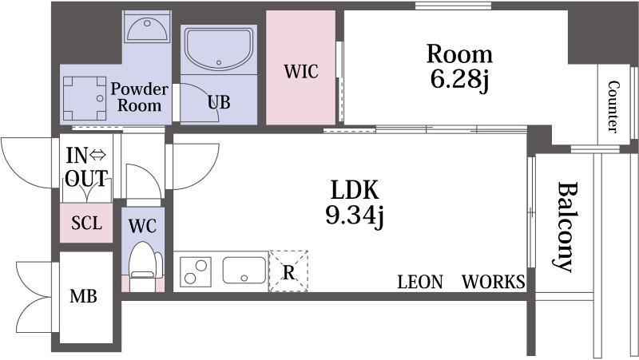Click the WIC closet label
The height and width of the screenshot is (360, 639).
pyautogui.click(x=301, y=72)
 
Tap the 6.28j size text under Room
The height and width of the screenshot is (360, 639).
pyautogui.click(x=459, y=79)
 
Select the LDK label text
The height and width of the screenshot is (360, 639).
pyautogui.click(x=355, y=189)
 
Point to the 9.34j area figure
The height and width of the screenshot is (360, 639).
pyautogui.click(x=355, y=215)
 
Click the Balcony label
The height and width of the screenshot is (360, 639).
pyautogui.click(x=567, y=227)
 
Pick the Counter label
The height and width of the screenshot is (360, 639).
pyautogui.click(x=613, y=107)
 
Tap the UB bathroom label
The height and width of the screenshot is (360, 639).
pyautogui.click(x=219, y=102)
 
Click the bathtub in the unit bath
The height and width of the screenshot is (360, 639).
pyautogui.click(x=219, y=49)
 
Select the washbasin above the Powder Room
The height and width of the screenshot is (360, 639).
pyautogui.click(x=147, y=28)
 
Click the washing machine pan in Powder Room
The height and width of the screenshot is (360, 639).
pyautogui.click(x=85, y=98)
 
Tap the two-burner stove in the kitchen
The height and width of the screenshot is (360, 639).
pyautogui.click(x=196, y=271)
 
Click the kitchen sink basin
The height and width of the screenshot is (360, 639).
pyautogui.click(x=244, y=271)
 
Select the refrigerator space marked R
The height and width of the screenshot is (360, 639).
pyautogui.click(x=288, y=271)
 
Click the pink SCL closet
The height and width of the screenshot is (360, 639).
pyautogui.click(x=86, y=223)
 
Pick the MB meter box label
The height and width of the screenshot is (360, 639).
pyautogui.click(x=84, y=296)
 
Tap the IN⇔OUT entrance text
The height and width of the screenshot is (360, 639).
pyautogui.click(x=86, y=167)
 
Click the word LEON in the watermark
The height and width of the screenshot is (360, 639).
pyautogui.click(x=420, y=282)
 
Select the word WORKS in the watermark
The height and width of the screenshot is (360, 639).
pyautogui.click(x=494, y=282)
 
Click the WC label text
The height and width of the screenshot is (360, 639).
pyautogui.click(x=142, y=226)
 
